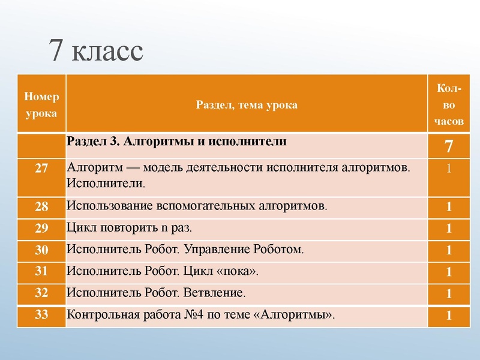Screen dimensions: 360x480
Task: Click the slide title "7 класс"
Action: [97, 52]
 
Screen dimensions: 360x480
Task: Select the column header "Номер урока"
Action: [41, 104]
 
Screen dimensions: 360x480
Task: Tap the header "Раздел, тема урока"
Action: [247, 104]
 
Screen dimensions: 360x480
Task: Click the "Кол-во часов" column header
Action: [449, 104]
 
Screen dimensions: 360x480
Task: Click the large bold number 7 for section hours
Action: [449, 146]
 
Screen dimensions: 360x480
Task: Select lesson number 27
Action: [41, 168]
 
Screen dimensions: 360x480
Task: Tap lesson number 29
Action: [41, 228]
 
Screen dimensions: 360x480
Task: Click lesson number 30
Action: [41, 250]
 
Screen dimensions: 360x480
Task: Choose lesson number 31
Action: [41, 271]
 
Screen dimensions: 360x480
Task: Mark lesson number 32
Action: [41, 293]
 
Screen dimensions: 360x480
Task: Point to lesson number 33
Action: [41, 315]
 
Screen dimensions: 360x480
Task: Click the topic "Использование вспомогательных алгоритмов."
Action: [198, 206]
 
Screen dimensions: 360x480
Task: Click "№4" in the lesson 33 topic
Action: [194, 315]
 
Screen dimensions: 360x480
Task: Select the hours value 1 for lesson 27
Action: [449, 169]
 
